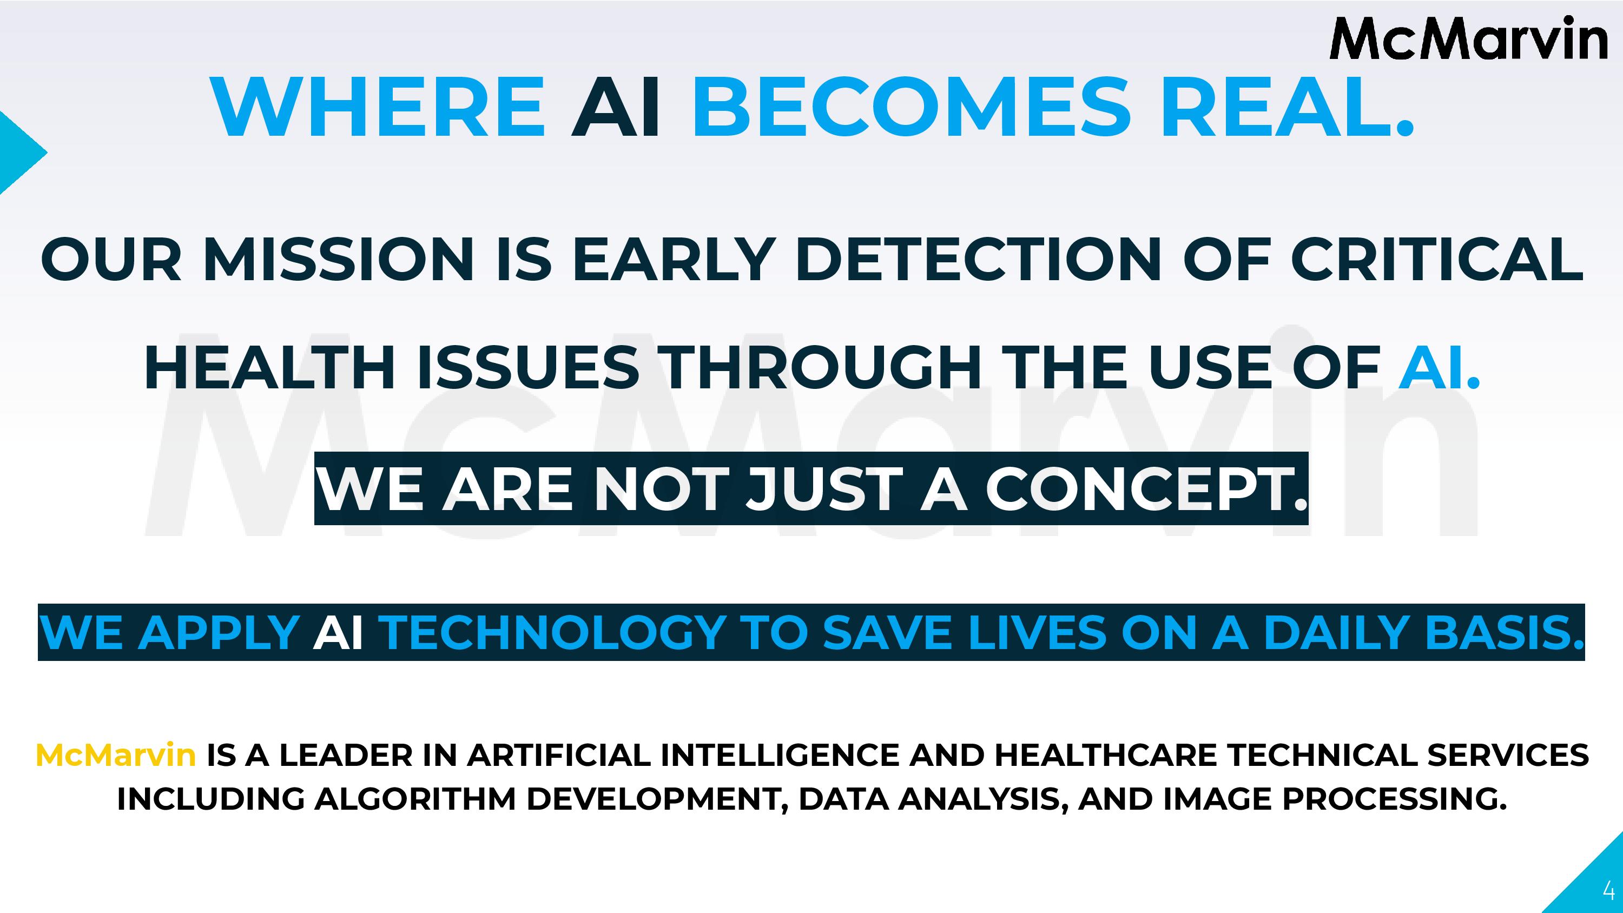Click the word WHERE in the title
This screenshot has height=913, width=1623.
[379, 107]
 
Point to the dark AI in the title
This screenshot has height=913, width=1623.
[616, 107]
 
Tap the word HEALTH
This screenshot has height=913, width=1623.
[269, 368]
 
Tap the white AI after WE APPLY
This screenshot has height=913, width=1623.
[338, 632]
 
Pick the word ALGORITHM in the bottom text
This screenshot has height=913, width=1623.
[414, 799]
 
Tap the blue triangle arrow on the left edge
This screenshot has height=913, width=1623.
[19, 153]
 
